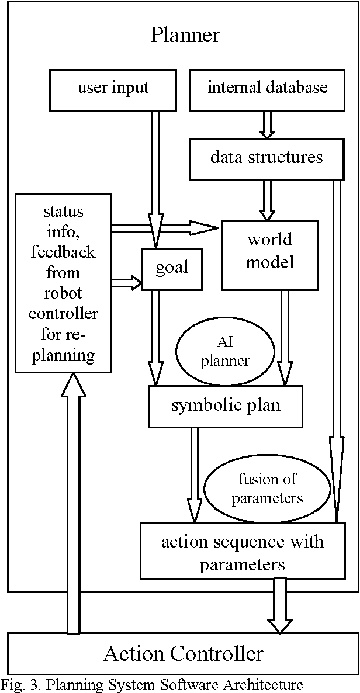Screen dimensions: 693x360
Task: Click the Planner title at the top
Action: pos(185,34)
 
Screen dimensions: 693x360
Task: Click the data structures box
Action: pos(266,158)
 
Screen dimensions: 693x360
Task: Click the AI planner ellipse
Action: pos(225,352)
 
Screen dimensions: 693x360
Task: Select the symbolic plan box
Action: pos(226,406)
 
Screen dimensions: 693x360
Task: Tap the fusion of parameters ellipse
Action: pos(259,489)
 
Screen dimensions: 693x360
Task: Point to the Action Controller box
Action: pos(184,653)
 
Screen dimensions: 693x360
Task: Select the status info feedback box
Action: pos(63,283)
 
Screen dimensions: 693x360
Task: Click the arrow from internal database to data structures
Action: pos(266,124)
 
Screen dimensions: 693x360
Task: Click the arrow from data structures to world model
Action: pos(267,199)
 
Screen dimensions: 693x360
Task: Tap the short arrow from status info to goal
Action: pos(126,283)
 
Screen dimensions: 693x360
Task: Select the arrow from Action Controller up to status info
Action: pos(73,503)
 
